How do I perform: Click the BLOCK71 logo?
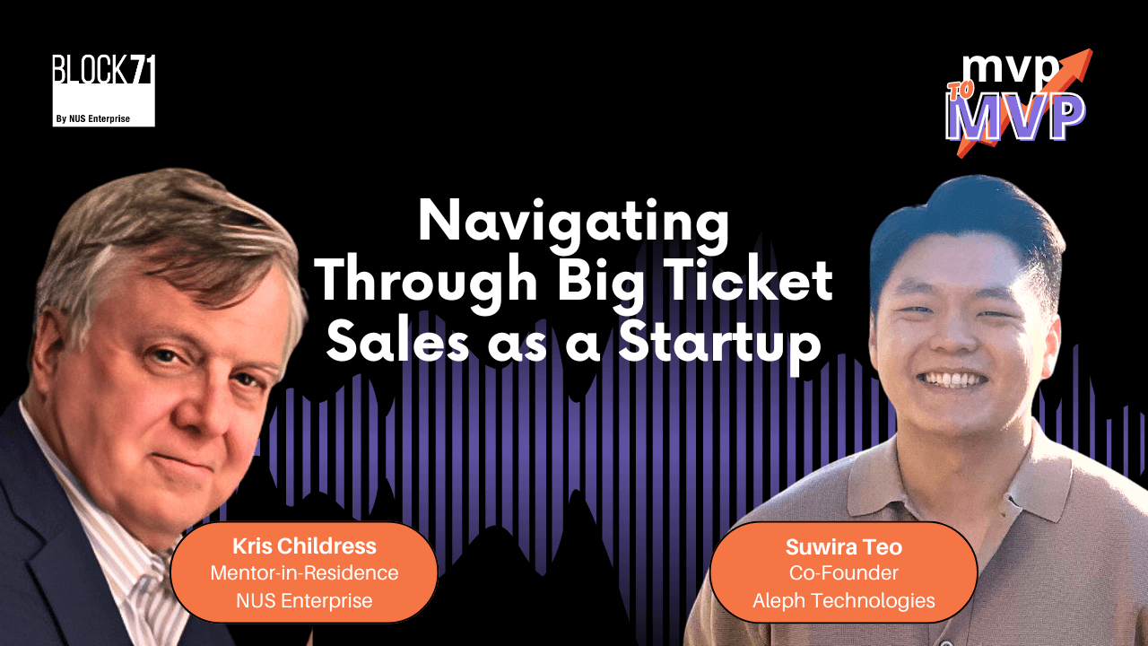tap(103, 90)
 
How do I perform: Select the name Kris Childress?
tap(304, 546)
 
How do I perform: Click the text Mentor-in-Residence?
tap(304, 573)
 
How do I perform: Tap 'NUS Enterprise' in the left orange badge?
tap(304, 600)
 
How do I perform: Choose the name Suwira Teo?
tap(843, 546)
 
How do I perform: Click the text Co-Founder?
tap(843, 573)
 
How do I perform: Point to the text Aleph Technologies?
tap(843, 600)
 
